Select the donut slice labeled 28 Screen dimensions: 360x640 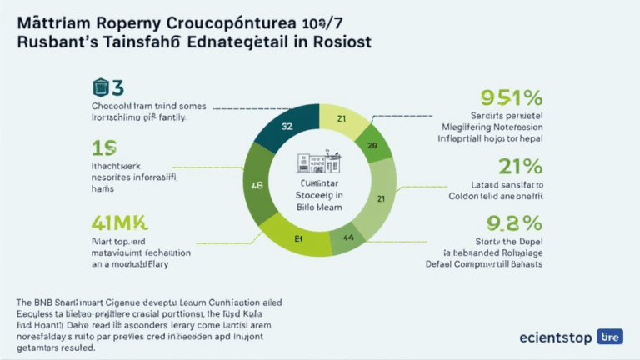373,145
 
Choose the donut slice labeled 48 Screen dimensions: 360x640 257,185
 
